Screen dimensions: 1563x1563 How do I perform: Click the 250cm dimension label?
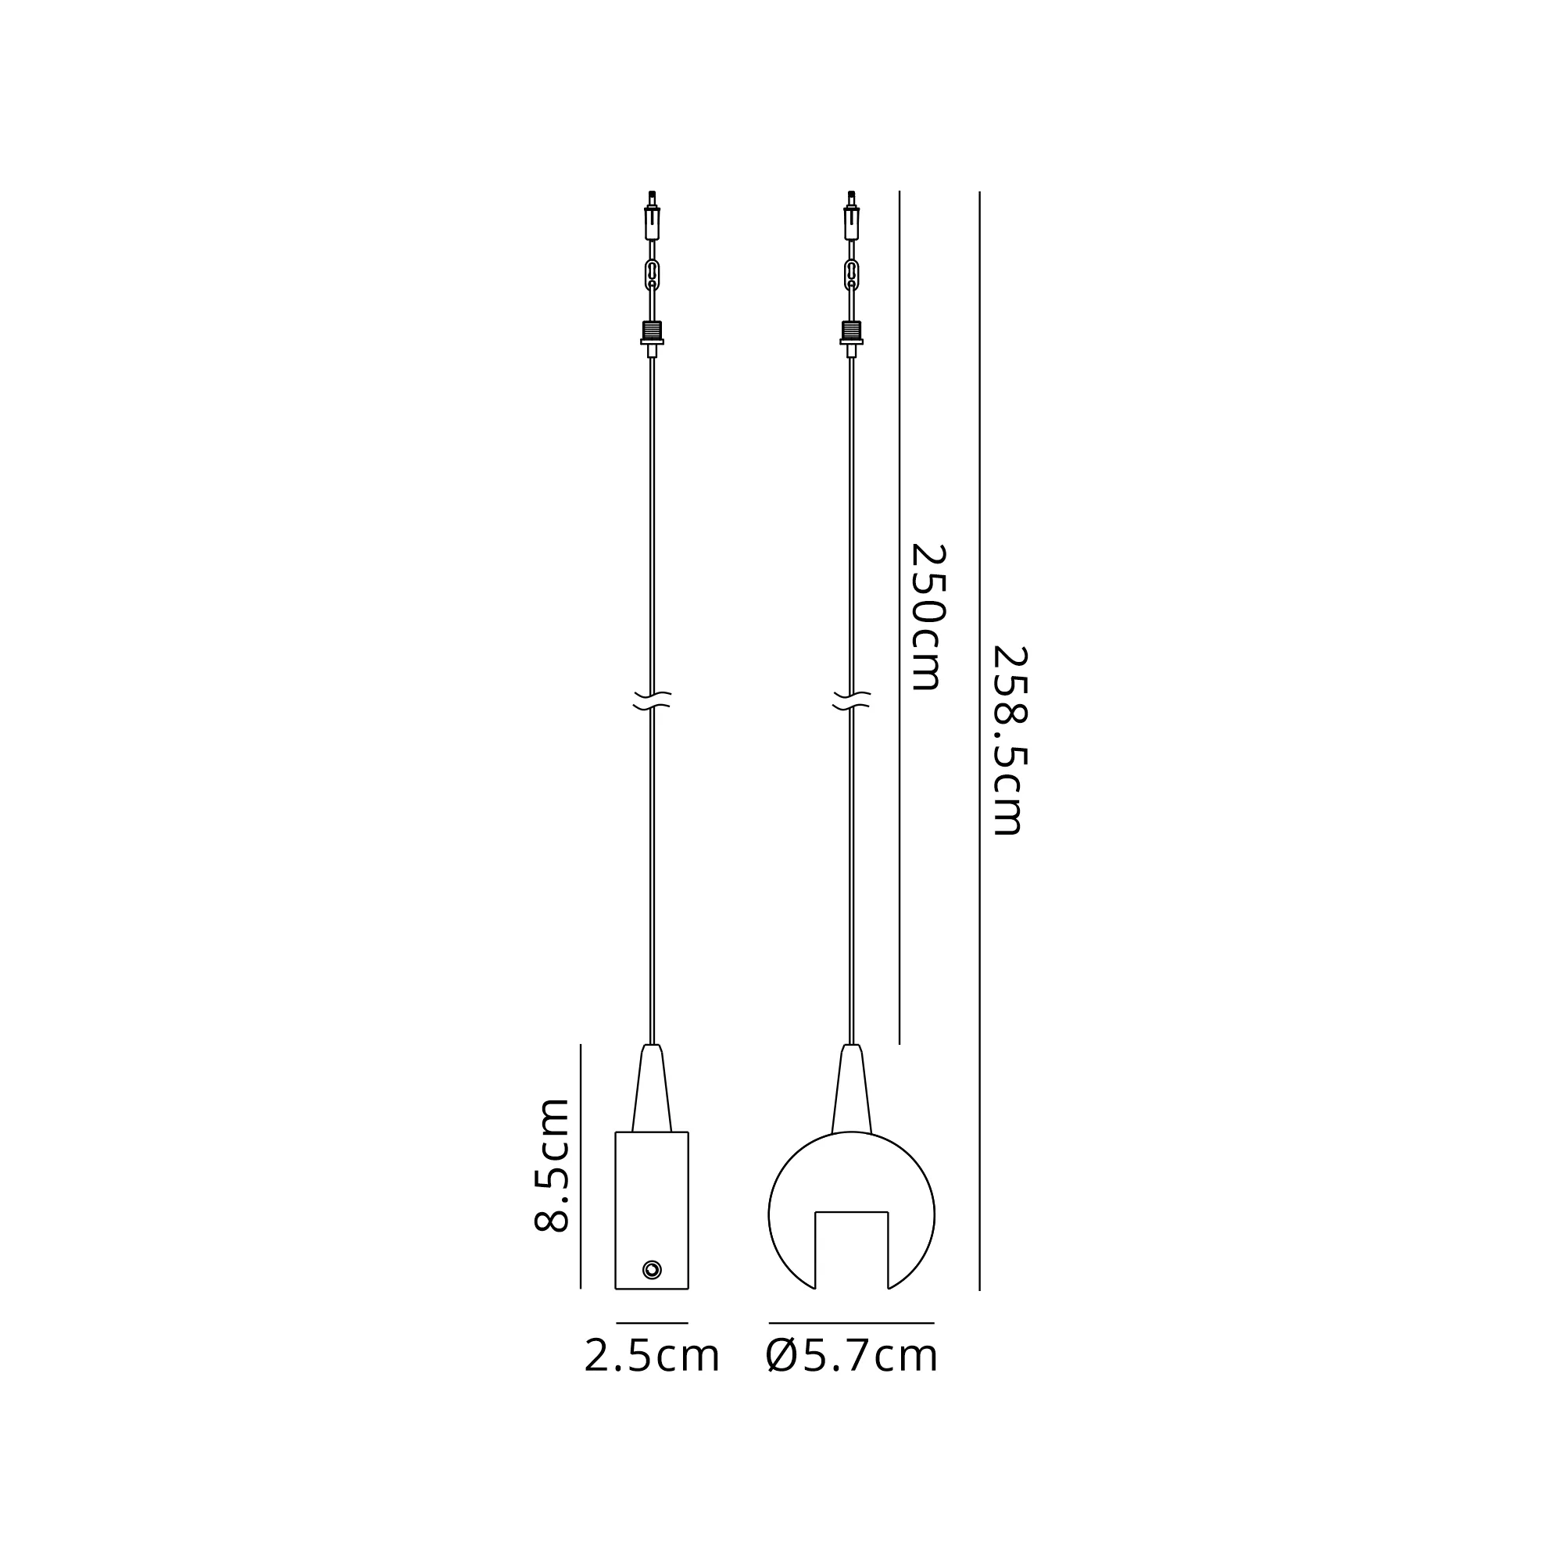coord(928,617)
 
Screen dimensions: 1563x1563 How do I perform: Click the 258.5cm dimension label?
coord(1009,740)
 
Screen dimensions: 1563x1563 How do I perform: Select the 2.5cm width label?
coord(651,1357)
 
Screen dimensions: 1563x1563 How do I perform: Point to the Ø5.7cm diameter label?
coord(851,1357)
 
